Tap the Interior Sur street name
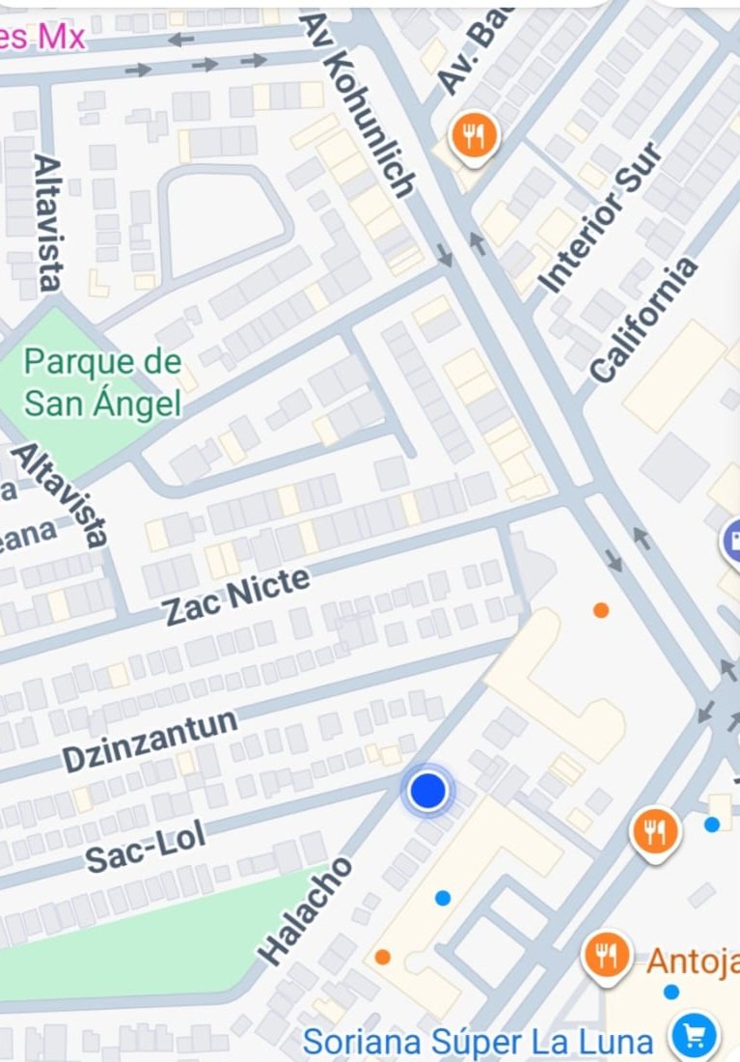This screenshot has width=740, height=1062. click(600, 218)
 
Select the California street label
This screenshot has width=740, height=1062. click(644, 320)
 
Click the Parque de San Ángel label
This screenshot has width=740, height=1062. click(102, 382)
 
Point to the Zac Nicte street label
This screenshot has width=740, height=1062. click(236, 596)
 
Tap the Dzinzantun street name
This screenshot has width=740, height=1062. click(151, 741)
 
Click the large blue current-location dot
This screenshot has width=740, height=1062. click(427, 791)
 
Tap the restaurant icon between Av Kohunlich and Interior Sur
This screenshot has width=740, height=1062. click(474, 136)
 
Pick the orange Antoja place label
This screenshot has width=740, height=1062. click(693, 962)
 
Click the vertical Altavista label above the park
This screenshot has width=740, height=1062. click(47, 221)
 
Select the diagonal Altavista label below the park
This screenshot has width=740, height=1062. click(60, 493)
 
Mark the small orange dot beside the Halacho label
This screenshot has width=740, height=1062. click(383, 957)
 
